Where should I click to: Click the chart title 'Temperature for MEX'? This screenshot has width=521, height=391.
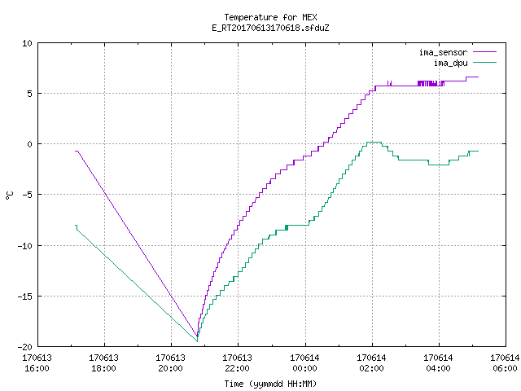click(x=270, y=17)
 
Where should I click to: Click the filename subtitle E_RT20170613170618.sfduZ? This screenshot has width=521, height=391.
click(x=270, y=28)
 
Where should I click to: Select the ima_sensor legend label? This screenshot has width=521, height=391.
click(x=443, y=52)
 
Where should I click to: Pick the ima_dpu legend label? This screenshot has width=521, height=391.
click(x=450, y=63)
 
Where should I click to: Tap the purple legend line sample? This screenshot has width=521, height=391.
click(x=485, y=52)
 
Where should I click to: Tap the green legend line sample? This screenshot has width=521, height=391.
click(x=485, y=62)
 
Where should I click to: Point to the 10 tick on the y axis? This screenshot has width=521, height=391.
click(x=27, y=43)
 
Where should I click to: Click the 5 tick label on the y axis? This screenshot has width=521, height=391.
click(x=30, y=94)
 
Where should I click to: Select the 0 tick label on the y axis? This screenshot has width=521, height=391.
click(x=30, y=144)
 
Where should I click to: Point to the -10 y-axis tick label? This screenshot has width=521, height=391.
click(x=24, y=246)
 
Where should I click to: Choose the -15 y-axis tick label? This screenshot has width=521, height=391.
click(x=24, y=297)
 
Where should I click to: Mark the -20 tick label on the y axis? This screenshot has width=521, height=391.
click(x=24, y=347)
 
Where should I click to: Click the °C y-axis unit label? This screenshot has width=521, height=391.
click(x=10, y=195)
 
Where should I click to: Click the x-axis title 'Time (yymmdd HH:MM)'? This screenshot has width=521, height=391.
click(x=270, y=384)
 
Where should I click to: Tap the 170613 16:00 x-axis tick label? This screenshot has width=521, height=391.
click(x=37, y=362)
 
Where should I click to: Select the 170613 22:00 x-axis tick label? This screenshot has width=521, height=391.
click(x=237, y=362)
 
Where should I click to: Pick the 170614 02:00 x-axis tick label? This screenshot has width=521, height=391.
click(x=371, y=362)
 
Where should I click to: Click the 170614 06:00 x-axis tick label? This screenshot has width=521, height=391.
click(x=505, y=362)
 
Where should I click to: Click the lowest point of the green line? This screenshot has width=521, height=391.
click(x=197, y=341)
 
